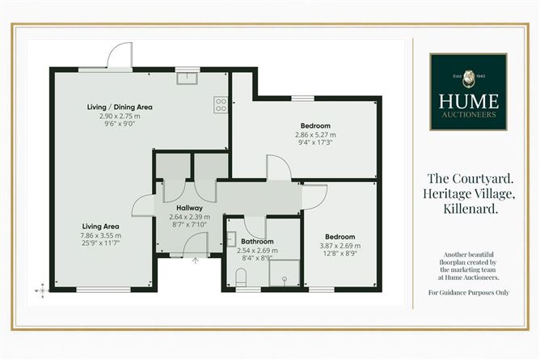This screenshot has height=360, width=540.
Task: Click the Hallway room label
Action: pyautogui.click(x=189, y=208)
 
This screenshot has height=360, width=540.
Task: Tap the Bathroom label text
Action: pyautogui.click(x=257, y=242)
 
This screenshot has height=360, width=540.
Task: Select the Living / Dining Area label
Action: pyautogui.click(x=120, y=107)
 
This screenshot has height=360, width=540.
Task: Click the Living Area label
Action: pyautogui.click(x=100, y=227)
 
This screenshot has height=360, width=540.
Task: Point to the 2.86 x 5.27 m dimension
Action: pyautogui.click(x=315, y=135)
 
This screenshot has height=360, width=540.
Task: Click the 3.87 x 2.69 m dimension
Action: pyautogui.click(x=340, y=246)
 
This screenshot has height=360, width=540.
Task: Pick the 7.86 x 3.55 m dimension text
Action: pyautogui.click(x=100, y=235)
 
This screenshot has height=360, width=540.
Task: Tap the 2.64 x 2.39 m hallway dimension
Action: pyautogui.click(x=189, y=217)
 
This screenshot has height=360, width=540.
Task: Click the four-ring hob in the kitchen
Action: pyautogui.click(x=221, y=104)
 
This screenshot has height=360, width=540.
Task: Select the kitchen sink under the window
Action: pyautogui.click(x=187, y=78)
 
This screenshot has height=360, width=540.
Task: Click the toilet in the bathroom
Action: pyautogui.click(x=241, y=277)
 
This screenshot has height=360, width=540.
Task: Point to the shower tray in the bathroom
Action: pyautogui.click(x=284, y=273)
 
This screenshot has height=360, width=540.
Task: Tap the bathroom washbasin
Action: pyautogui.click(x=231, y=239)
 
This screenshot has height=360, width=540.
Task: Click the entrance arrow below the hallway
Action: pyautogui.click(x=196, y=260)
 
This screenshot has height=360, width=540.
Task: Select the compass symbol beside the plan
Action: pyautogui.click(x=42, y=290)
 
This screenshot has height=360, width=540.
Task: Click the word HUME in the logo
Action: pyautogui.click(x=468, y=101)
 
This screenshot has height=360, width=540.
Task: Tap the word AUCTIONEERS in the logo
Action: pyautogui.click(x=469, y=114)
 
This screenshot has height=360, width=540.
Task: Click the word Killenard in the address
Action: pyautogui.click(x=470, y=209)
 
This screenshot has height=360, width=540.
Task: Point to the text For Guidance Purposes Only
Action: pyautogui.click(x=469, y=293)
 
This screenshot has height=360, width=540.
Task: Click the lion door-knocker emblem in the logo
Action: pyautogui.click(x=468, y=78)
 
